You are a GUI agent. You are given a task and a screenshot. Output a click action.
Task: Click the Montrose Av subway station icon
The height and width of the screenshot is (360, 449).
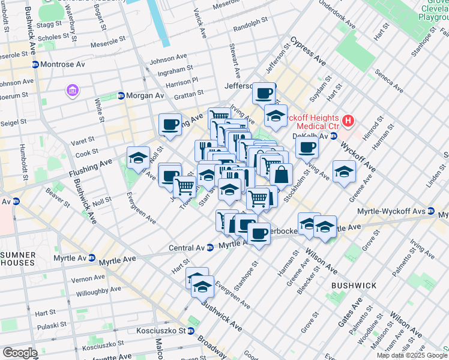[x=35, y=65]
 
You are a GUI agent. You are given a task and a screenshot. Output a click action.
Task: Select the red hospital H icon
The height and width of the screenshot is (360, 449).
[x=348, y=123]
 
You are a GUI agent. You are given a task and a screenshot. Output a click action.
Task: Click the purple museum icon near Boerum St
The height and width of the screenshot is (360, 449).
[x=72, y=91]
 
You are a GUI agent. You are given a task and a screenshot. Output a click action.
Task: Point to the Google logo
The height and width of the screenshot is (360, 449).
[x=20, y=353]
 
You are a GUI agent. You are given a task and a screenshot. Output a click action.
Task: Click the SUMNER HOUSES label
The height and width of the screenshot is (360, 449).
[x=18, y=259]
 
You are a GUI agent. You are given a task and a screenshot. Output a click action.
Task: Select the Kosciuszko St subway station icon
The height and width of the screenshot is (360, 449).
[x=190, y=331]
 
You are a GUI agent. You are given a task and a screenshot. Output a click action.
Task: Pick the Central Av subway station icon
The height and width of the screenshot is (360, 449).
[x=210, y=247]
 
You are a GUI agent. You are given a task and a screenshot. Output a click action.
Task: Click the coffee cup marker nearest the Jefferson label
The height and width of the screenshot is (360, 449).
[x=264, y=93]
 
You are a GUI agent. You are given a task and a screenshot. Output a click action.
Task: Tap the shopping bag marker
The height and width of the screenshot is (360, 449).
[x=280, y=175]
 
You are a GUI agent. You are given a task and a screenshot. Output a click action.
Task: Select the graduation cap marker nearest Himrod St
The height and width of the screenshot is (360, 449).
[x=344, y=172]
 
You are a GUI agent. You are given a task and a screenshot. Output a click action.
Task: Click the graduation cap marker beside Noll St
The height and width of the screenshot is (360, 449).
[x=139, y=157]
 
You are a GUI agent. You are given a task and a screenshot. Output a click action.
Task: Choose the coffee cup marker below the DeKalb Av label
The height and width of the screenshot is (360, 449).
[x=307, y=146]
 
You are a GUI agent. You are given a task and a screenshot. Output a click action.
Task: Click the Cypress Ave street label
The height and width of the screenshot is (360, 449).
[x=308, y=53]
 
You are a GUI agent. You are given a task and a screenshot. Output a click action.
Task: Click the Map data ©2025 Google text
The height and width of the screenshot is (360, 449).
[x=411, y=355]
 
